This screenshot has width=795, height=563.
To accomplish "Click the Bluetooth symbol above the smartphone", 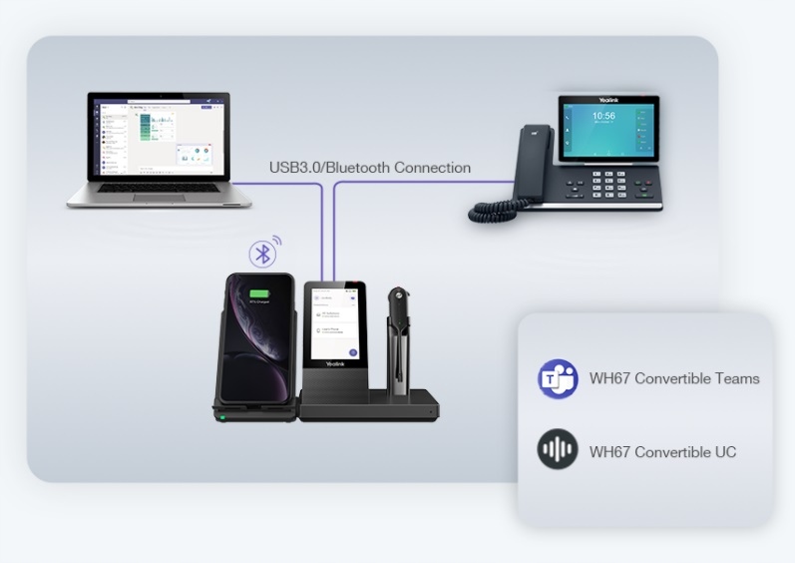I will click(x=263, y=254).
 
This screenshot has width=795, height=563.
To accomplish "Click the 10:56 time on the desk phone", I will click(x=604, y=117).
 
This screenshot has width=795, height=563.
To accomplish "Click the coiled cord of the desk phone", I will click(x=498, y=210).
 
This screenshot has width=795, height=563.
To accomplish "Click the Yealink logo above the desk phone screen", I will click(x=609, y=100).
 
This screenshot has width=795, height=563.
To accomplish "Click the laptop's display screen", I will click(x=158, y=134).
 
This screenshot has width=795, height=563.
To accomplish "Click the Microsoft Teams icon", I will click(x=557, y=379).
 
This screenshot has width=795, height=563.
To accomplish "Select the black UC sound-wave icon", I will click(x=558, y=451).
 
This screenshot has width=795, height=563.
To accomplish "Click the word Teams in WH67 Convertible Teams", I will click(x=739, y=379).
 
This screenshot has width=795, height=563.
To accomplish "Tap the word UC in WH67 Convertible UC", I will click(x=724, y=452).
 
